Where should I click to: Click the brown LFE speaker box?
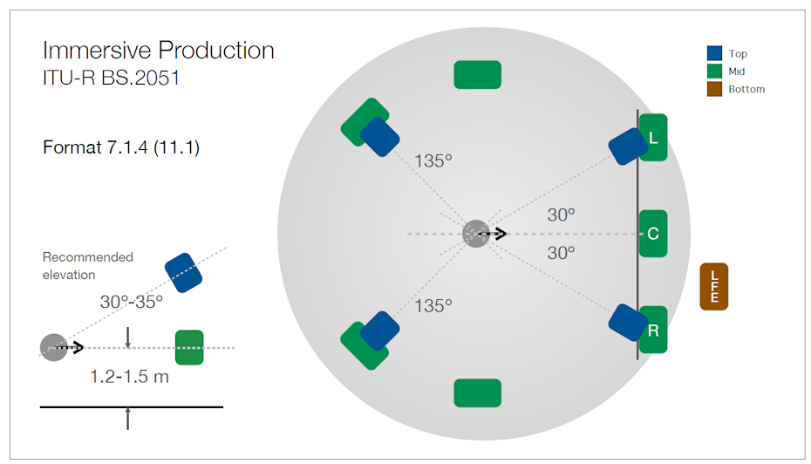tap(713, 287)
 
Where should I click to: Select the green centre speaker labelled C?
tap(653, 233)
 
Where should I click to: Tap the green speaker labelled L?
tap(653, 137)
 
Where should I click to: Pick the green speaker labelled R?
tap(653, 330)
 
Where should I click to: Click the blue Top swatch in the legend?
tap(714, 53)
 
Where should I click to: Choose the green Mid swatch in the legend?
tap(714, 71)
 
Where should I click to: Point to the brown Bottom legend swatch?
tap(714, 88)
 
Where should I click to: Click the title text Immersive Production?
tap(158, 51)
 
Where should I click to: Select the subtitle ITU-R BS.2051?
tap(112, 78)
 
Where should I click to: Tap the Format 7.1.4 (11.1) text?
tap(121, 147)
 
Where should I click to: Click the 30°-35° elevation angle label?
tap(132, 302)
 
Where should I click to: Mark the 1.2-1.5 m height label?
tap(129, 376)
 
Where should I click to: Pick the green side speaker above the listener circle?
tap(477, 74)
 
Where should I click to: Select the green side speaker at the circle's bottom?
tap(477, 393)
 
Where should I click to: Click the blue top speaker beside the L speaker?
tap(629, 147)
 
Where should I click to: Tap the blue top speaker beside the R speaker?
tap(629, 322)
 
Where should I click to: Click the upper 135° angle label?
tap(433, 160)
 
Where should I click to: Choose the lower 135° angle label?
tap(433, 306)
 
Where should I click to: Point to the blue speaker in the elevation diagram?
tap(184, 273)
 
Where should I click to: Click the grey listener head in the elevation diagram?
tap(54, 347)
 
